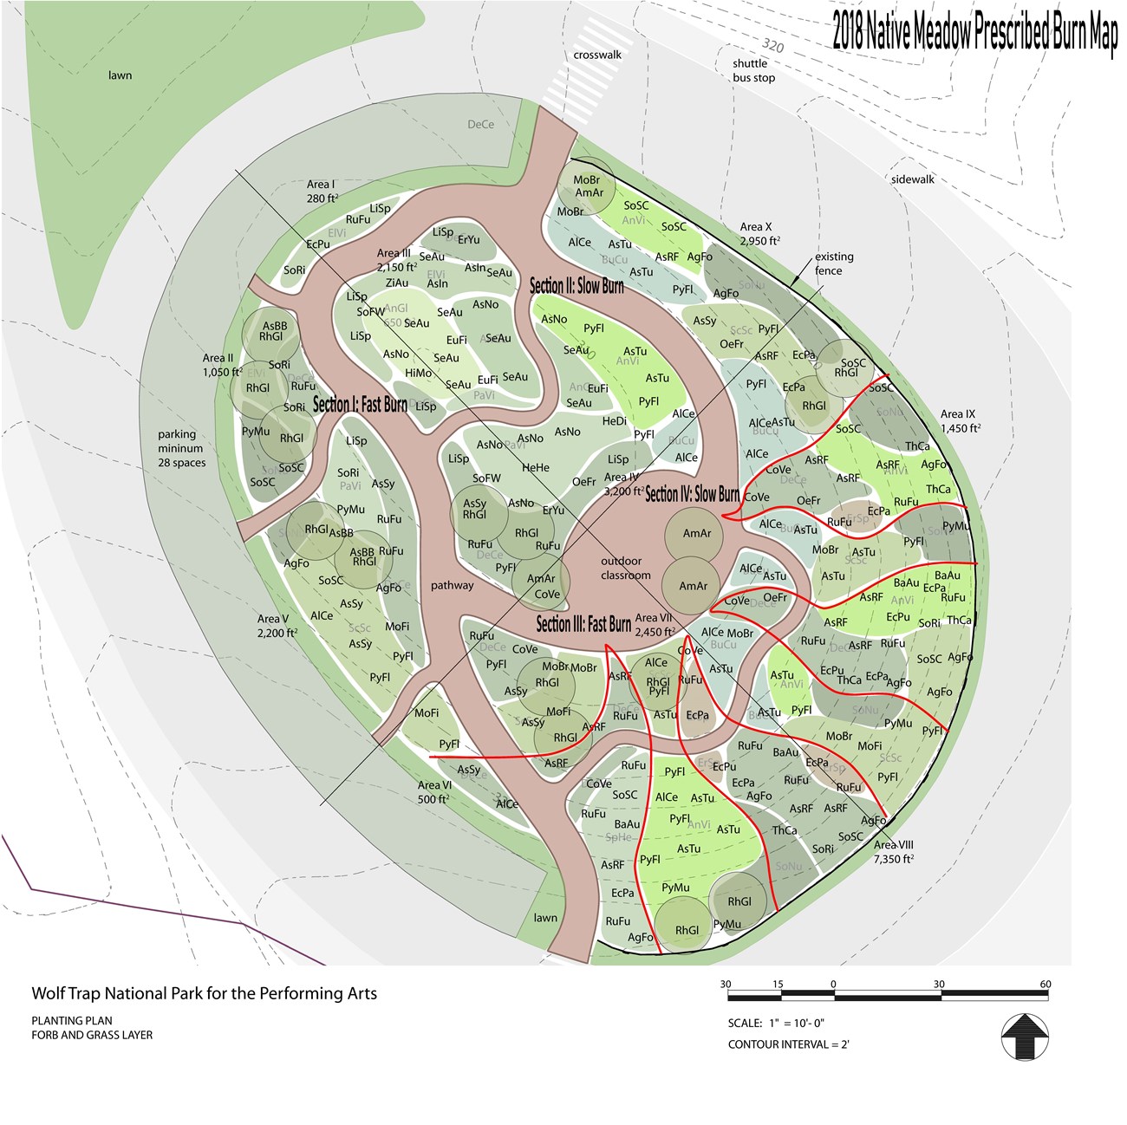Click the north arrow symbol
click(1026, 1035)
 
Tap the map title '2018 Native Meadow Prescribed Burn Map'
click(974, 32)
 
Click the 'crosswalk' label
click(597, 55)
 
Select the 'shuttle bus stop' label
click(752, 70)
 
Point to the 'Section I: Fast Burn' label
click(360, 405)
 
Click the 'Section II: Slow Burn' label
click(577, 286)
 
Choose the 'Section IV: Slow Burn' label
click(692, 494)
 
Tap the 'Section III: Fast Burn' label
click(583, 624)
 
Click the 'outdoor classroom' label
click(625, 568)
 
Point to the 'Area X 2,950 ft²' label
click(759, 234)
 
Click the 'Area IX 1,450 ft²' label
click(960, 421)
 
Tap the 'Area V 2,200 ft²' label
click(277, 626)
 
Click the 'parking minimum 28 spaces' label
click(181, 448)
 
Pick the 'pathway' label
click(452, 585)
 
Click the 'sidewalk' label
click(913, 179)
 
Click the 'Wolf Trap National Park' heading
click(204, 993)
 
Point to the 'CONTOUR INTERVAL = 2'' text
click(788, 1044)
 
